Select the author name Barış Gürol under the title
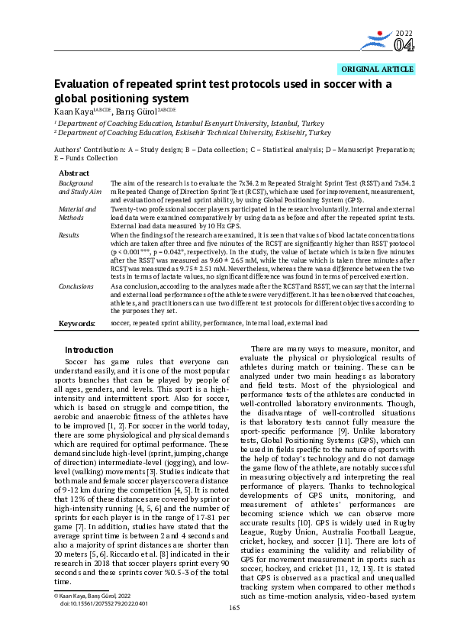[134, 111]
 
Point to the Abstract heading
[73, 174]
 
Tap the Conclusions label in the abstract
[76, 286]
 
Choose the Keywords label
[77, 324]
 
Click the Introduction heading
[89, 351]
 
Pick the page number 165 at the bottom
[235, 629]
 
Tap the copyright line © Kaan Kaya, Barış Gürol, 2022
[91, 616]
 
